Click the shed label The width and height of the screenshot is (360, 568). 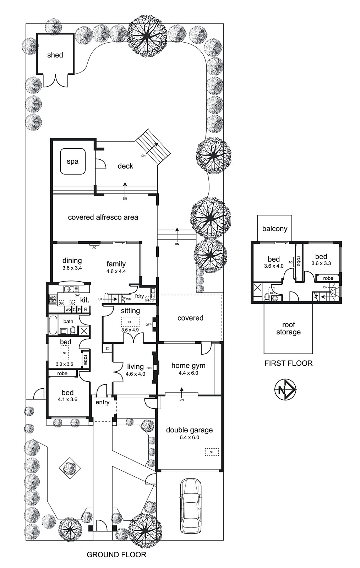click(55, 55)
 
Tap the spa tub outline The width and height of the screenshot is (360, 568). click(73, 162)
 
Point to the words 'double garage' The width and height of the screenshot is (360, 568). click(189, 430)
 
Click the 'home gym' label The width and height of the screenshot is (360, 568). click(188, 366)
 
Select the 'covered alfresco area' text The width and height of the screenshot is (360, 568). click(103, 217)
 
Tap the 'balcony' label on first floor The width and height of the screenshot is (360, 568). click(274, 229)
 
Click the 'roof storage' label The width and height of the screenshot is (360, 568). click(288, 328)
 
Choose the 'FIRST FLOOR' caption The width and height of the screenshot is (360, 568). click(288, 363)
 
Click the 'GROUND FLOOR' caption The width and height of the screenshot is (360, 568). click(116, 555)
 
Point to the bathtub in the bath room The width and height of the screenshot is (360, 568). click(53, 325)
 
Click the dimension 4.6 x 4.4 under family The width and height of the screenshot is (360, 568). click(116, 271)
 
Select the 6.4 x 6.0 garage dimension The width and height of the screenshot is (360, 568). click(189, 438)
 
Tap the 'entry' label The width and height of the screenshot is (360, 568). click(102, 402)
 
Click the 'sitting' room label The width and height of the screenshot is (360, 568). click(130, 311)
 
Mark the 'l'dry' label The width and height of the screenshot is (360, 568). click(139, 296)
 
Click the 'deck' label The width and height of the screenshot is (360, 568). click(125, 166)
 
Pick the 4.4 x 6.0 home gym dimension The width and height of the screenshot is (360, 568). click(188, 373)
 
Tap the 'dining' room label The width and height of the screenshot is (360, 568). click(72, 261)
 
